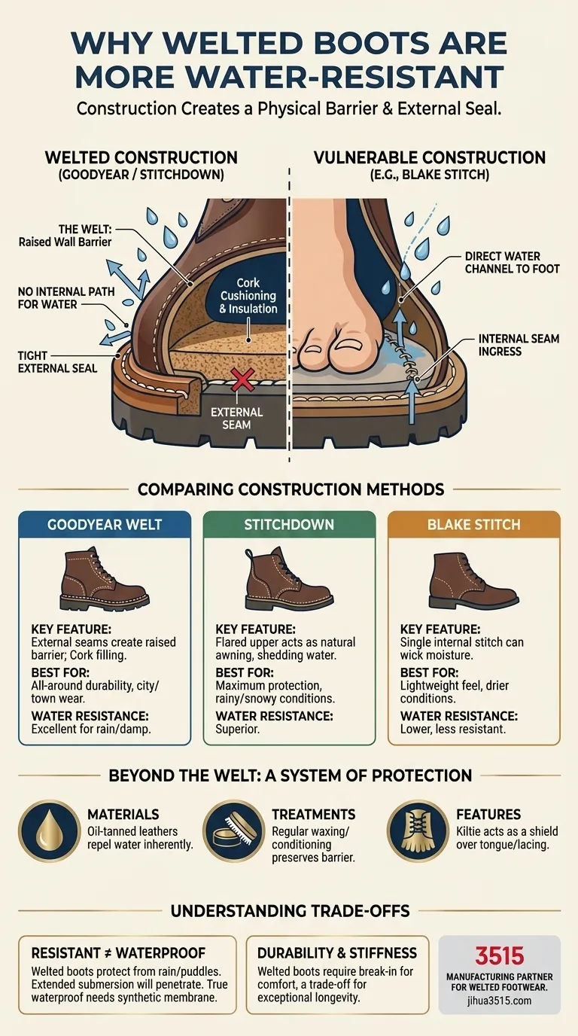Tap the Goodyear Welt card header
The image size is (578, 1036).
tap(105, 524)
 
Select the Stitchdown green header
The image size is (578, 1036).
tap(289, 524)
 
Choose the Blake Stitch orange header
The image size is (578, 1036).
tap(473, 524)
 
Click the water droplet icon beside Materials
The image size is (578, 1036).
tap(49, 830)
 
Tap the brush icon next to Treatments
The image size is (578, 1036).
tap(233, 830)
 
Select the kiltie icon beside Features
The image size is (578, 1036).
tap(418, 830)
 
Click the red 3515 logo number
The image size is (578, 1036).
tap(499, 956)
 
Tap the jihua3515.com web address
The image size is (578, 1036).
tap(499, 1001)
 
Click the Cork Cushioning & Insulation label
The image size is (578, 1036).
tap(248, 296)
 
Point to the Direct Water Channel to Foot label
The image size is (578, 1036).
tap(513, 263)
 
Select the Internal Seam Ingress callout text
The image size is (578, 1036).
tap(519, 345)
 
